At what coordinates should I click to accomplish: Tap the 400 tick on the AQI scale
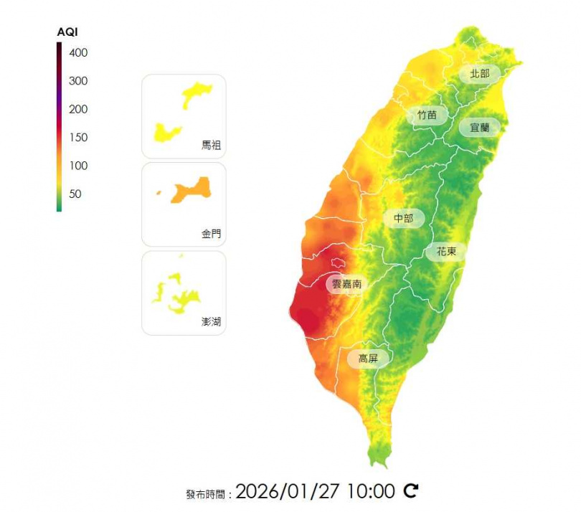pos(78,52)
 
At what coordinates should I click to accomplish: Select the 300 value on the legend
pos(78,81)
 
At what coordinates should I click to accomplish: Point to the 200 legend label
pos(78,109)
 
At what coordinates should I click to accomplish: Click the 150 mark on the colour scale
pos(78,137)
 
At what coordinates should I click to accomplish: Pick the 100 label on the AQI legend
pos(78,166)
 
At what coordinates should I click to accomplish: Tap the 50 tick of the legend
pos(75,194)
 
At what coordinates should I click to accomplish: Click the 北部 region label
pos(480,74)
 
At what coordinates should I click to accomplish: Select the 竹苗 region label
pos(428,115)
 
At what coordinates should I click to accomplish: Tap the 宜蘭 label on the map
pos(479,128)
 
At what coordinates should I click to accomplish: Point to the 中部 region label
pos(404,218)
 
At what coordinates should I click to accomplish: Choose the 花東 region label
pos(446,252)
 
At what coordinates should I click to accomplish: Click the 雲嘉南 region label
pos(347,284)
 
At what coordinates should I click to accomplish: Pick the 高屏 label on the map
pos(368,358)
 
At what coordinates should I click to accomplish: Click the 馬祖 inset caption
pos(212,145)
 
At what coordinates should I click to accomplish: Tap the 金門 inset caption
pos(212,234)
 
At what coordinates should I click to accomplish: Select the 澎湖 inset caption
pos(212,322)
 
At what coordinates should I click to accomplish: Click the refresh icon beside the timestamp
pos(411,491)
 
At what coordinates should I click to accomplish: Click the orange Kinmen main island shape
pos(189,189)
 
